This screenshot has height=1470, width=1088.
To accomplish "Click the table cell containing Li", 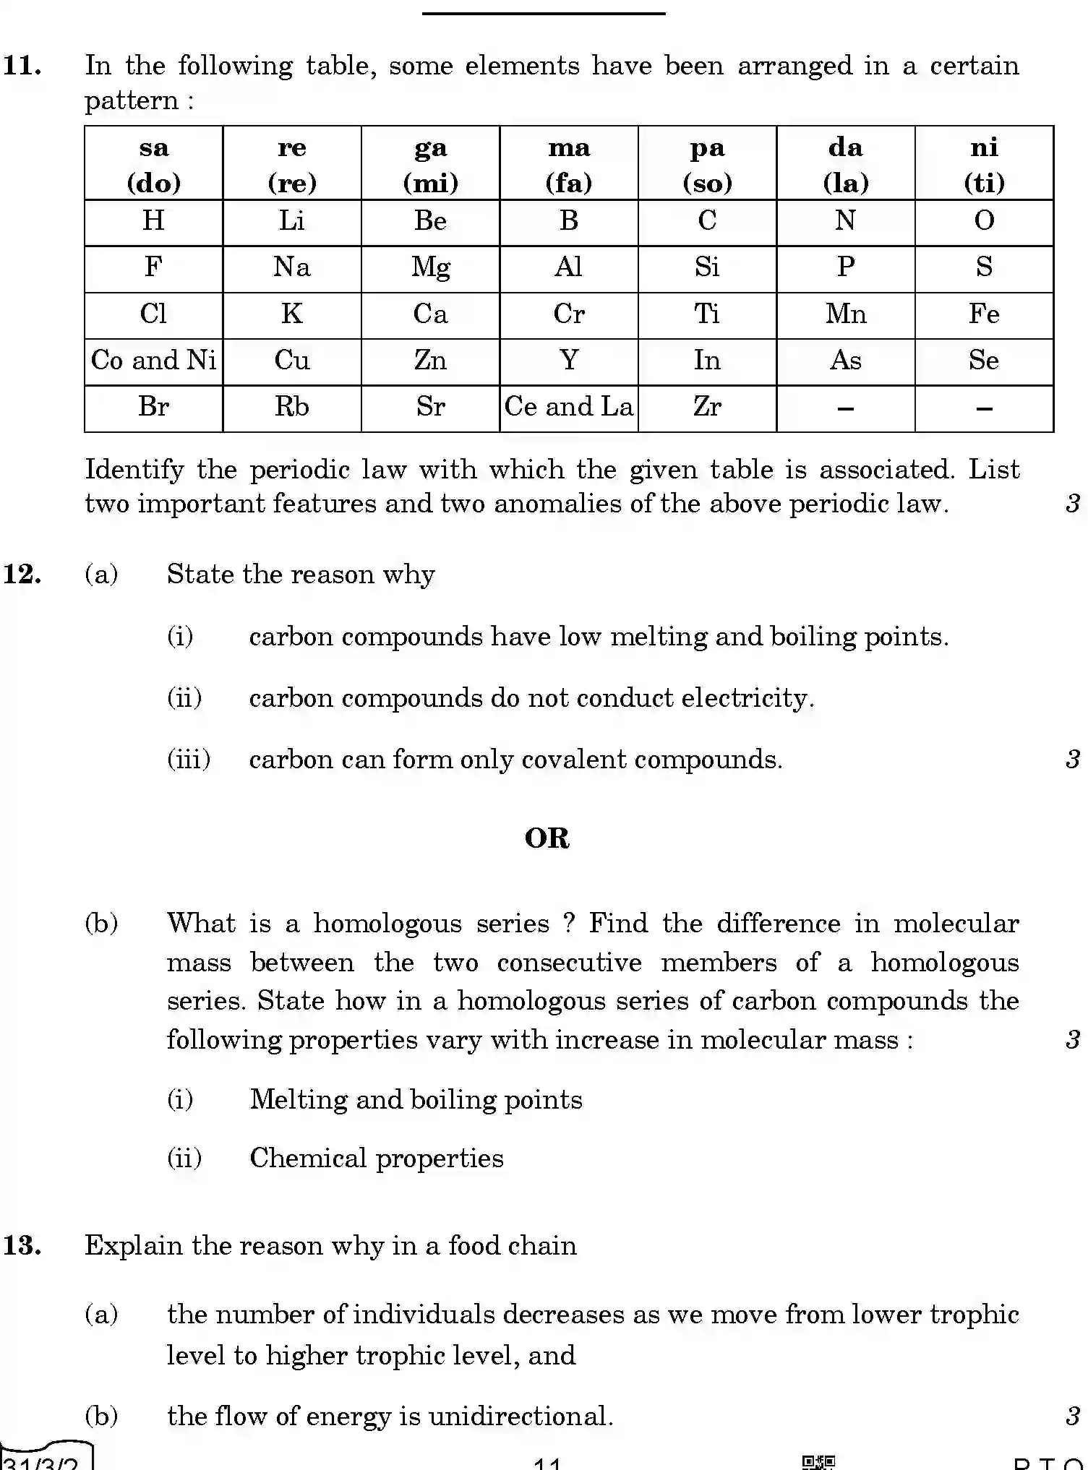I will click(x=291, y=221).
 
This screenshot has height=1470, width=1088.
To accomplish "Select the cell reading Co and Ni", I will click(x=153, y=360).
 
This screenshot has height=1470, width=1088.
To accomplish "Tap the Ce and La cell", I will click(x=569, y=407).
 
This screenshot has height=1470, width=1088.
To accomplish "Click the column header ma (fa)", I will click(x=569, y=164).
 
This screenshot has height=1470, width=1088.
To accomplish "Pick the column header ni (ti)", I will click(x=984, y=164).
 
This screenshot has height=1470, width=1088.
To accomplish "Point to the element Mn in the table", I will click(x=846, y=314).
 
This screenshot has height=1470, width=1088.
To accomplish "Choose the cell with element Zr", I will click(x=707, y=407).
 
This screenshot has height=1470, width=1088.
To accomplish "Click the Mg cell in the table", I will click(x=430, y=267).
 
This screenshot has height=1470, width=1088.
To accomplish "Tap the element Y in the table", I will click(x=569, y=360).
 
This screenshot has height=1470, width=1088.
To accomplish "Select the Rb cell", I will click(x=291, y=407).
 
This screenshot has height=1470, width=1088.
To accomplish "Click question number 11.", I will click(x=22, y=66).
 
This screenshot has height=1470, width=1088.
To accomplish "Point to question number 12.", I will click(x=22, y=575).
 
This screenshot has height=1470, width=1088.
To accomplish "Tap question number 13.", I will click(x=22, y=1245).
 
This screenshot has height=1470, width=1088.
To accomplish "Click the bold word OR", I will click(x=547, y=838).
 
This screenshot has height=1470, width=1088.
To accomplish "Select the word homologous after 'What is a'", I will click(x=387, y=924).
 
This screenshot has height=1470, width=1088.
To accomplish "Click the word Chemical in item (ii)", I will click(x=307, y=1159).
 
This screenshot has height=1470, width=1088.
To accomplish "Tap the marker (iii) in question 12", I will click(x=189, y=760).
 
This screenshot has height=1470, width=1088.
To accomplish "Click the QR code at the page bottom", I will click(x=818, y=1462).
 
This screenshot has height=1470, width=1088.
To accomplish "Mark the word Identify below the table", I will click(x=134, y=470).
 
